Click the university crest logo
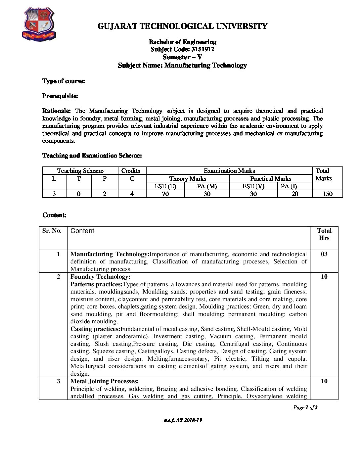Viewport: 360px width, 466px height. [39, 25]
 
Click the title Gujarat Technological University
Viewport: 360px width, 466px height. [182, 26]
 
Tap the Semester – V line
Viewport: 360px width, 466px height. [182, 57]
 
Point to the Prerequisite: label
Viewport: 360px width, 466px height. [60, 96]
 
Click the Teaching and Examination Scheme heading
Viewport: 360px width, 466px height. [92, 156]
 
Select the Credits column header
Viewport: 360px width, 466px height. [131, 171]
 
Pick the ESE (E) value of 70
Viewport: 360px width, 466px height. [165, 194]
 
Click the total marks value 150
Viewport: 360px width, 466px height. [327, 194]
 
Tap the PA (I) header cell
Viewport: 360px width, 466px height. [289, 186]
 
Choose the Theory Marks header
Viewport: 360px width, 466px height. [188, 179]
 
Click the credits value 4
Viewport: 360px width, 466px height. [132, 194]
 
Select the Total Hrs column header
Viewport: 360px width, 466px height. [324, 234]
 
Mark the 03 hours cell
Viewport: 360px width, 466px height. [324, 254]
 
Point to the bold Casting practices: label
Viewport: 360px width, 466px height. [95, 329]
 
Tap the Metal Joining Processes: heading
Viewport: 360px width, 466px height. [105, 381]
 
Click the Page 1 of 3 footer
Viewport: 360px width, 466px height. [305, 407]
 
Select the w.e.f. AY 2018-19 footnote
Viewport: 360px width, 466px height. [182, 420]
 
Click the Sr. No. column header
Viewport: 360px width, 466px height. [52, 231]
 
